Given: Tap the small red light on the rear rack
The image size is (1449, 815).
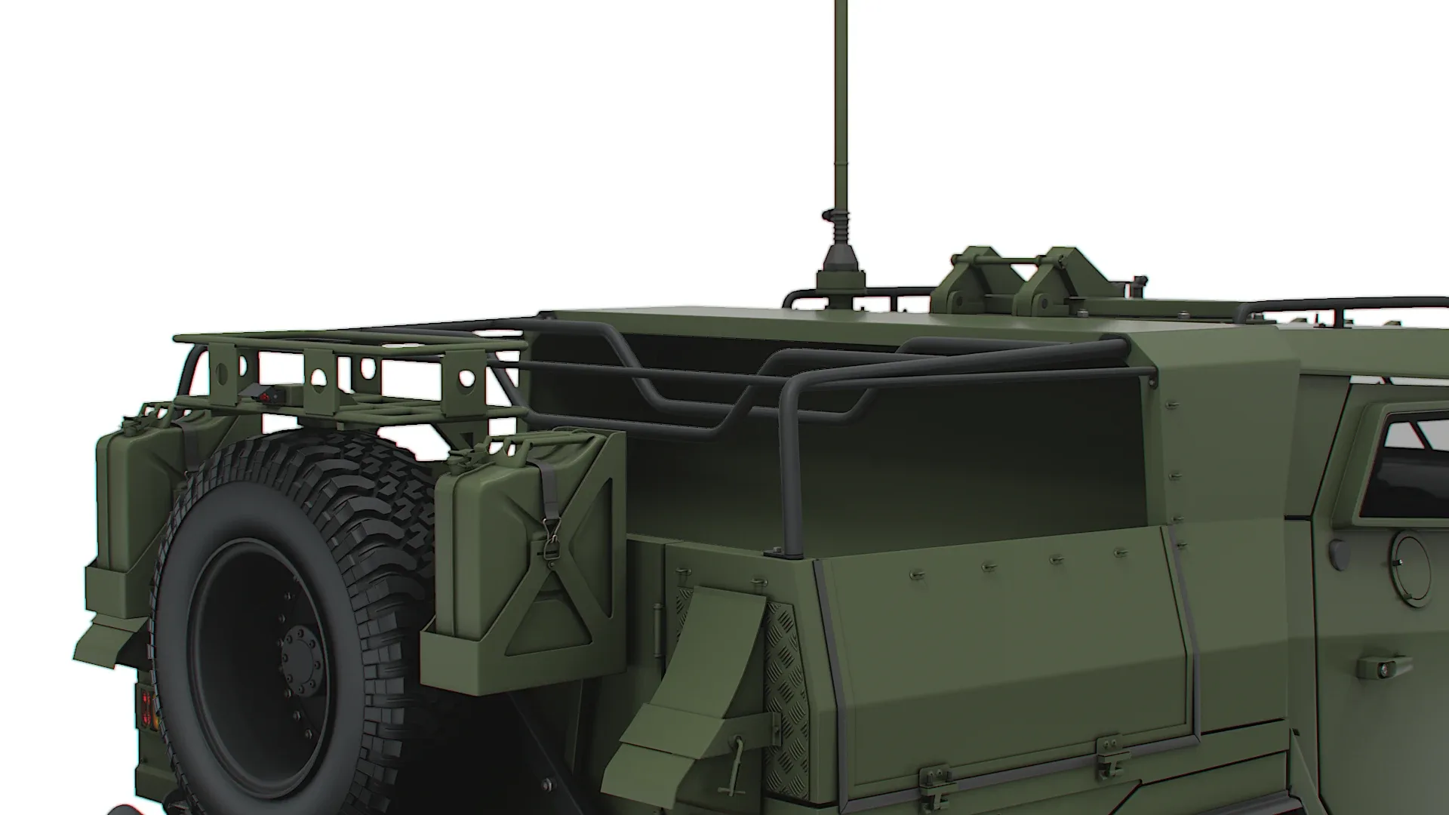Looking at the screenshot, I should [x=264, y=393].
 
